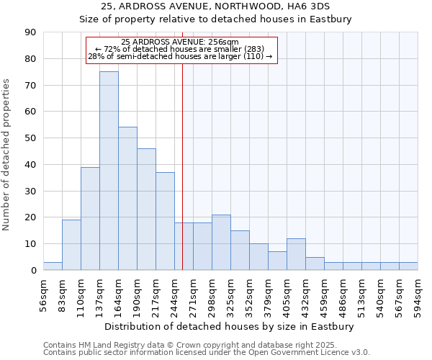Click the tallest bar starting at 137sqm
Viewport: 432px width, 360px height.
(109, 171)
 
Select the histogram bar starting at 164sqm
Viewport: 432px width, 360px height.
(127, 199)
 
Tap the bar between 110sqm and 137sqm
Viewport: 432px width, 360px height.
(90, 218)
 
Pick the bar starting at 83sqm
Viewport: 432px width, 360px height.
(71, 245)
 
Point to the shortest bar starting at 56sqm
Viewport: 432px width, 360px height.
(53, 266)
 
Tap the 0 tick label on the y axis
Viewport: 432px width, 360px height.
(34, 271)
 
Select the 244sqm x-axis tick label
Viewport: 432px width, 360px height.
(175, 296)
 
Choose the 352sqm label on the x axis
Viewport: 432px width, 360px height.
(250, 296)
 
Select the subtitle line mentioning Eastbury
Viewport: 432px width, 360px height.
(215, 19)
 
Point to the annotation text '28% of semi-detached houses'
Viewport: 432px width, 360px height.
(180, 56)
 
